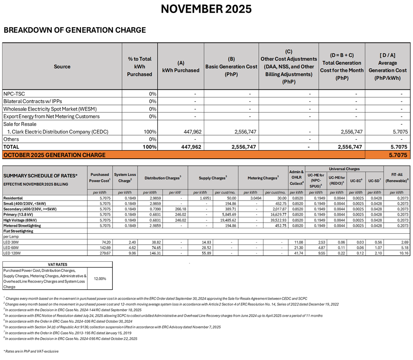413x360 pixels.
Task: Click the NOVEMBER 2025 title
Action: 206,9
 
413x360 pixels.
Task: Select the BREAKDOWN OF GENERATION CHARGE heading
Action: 74,30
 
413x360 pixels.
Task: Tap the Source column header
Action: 62,67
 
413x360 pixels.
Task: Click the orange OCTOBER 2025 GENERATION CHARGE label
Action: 54,155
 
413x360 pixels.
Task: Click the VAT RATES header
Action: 57,264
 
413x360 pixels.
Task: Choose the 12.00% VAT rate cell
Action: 100,278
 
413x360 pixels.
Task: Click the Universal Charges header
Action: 344,169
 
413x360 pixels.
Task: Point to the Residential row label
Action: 13,198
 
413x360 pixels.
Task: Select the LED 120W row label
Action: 12,253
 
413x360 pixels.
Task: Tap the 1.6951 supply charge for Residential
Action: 200,198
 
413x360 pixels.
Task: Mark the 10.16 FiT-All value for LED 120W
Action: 404,253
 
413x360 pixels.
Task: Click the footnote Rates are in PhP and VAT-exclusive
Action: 31,351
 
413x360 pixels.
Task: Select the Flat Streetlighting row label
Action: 18,231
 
